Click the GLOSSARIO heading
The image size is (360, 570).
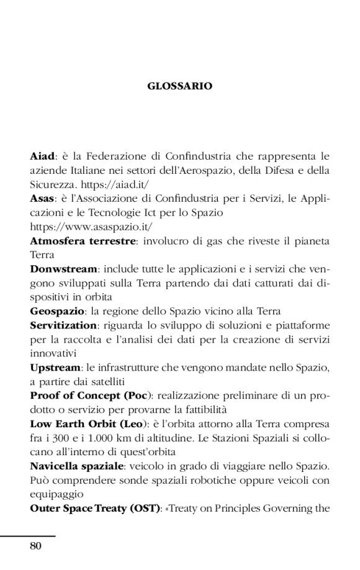point(180,86)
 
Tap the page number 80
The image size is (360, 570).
point(35,546)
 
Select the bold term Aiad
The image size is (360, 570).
point(42,156)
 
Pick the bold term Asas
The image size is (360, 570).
point(42,199)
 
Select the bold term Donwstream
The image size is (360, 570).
point(63,269)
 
